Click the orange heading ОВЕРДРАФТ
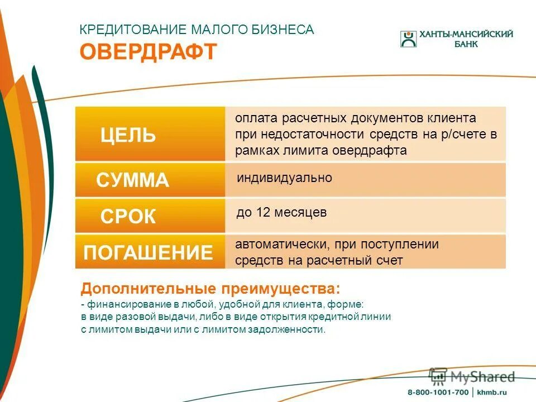coord(148,52)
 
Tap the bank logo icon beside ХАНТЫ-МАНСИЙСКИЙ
coord(408,39)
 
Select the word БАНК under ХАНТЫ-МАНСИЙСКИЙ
coord(463,45)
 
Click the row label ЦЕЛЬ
coord(128,135)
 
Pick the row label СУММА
coord(132,180)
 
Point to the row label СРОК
coord(128,217)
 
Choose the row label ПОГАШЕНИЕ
coord(148,252)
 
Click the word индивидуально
coord(284,178)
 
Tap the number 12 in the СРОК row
coord(262,213)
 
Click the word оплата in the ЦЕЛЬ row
coord(256,119)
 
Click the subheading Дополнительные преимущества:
coord(210,289)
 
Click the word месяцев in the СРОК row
coord(299,213)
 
